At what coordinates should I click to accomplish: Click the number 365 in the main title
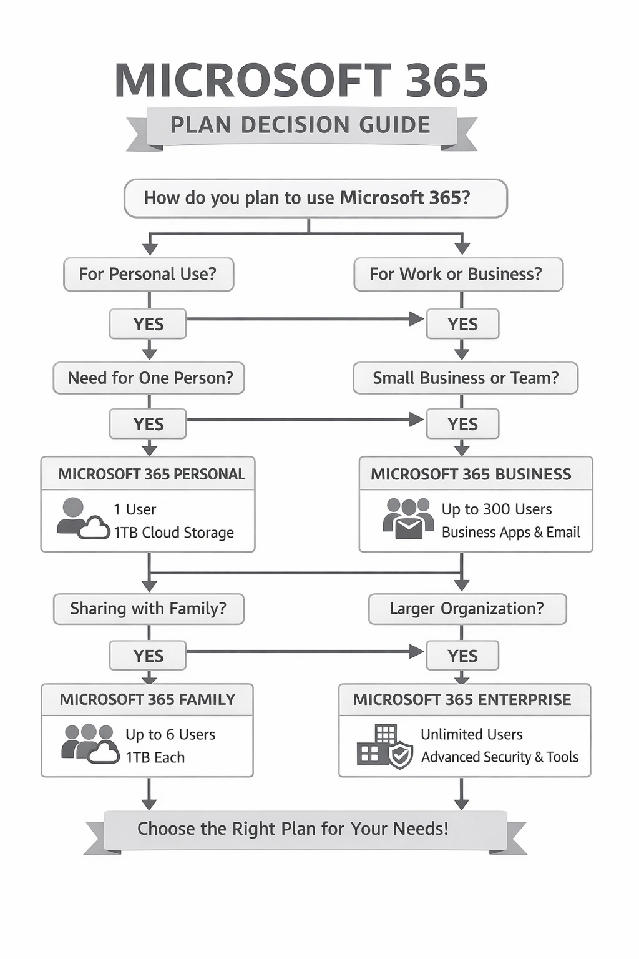click(x=446, y=81)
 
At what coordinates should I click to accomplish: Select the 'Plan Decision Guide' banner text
click(x=300, y=125)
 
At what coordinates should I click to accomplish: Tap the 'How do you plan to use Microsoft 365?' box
click(x=315, y=198)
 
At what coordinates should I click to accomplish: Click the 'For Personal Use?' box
click(x=149, y=274)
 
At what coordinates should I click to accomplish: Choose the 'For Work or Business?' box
click(x=457, y=274)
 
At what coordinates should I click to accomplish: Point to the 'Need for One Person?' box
click(x=149, y=378)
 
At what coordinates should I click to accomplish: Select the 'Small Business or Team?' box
click(x=465, y=378)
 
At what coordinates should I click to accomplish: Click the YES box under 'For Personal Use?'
click(x=148, y=324)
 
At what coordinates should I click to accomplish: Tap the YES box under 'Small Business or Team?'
click(x=462, y=424)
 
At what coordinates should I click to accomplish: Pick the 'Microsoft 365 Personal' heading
click(x=151, y=474)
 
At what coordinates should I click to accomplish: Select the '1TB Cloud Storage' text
click(x=173, y=533)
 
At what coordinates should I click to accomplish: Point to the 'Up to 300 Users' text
click(x=497, y=509)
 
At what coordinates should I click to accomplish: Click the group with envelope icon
click(x=408, y=519)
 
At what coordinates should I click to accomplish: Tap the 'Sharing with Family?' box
click(x=149, y=609)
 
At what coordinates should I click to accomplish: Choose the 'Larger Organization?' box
click(x=467, y=609)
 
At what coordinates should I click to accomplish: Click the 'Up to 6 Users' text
click(x=170, y=734)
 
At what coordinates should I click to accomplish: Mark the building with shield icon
click(x=384, y=746)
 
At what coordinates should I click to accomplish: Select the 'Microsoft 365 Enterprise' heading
click(x=462, y=699)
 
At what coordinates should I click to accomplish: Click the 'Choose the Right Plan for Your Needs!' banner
click(x=293, y=829)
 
